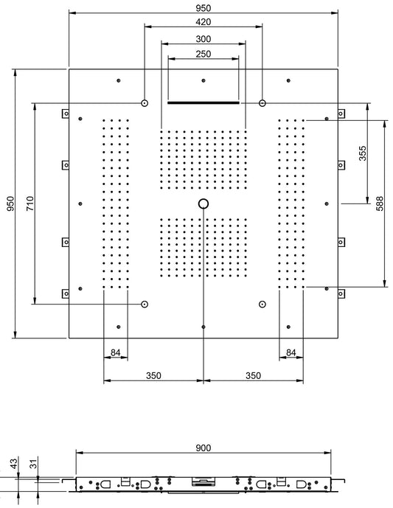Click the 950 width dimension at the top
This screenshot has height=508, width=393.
coord(204,6)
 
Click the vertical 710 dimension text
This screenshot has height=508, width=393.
coord(29,203)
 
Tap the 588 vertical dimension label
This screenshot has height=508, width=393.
coord(379,203)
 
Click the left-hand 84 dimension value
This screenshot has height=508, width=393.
coord(115,354)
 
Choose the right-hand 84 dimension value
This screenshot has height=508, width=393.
coord(292,354)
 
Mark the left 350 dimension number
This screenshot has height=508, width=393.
coord(153,375)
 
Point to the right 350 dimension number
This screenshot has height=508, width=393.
coord(253,375)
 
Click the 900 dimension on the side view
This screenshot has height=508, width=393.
coord(204,448)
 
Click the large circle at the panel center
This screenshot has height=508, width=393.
coord(204,203)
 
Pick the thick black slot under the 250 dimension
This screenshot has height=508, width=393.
coord(204,103)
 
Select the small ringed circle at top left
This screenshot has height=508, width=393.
coord(145,103)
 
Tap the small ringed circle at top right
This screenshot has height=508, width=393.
coord(262,103)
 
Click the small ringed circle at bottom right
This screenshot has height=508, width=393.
coord(262,303)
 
